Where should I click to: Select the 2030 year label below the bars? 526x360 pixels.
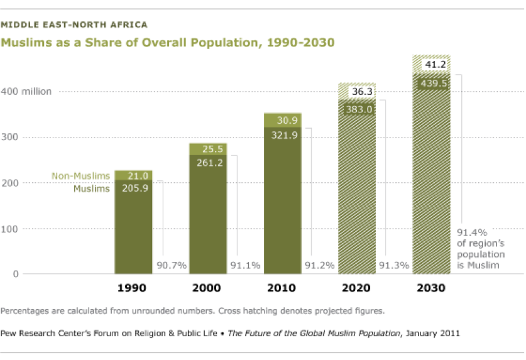[431, 289]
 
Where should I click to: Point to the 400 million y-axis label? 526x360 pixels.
[30, 92]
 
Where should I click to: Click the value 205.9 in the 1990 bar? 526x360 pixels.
[133, 188]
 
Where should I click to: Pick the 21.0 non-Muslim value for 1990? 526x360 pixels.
[133, 176]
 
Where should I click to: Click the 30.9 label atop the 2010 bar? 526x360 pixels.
[282, 120]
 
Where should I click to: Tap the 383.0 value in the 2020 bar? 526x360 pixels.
[357, 109]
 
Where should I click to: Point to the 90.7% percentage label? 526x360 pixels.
[172, 265]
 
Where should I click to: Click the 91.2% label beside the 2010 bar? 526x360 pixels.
[319, 265]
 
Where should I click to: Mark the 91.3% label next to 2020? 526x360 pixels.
[394, 265]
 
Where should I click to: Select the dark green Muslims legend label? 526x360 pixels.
[92, 188]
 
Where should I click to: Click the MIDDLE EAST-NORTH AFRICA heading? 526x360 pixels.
[74, 25]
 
